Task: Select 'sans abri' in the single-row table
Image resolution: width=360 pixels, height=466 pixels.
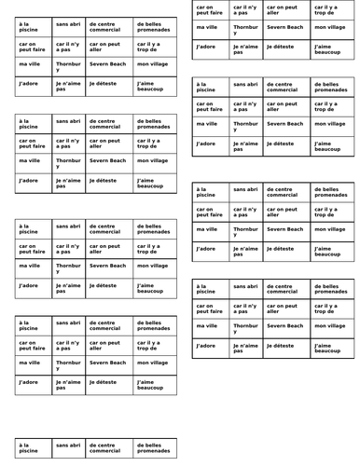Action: (67, 446)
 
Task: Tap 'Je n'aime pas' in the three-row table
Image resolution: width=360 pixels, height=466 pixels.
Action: (245, 48)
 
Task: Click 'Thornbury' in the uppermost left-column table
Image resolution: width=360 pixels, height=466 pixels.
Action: (68, 66)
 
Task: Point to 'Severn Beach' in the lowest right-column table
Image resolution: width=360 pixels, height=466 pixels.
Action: (284, 325)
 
